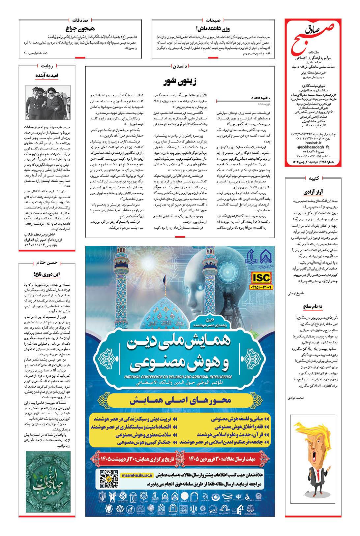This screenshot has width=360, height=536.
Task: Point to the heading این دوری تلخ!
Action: pos(47,273)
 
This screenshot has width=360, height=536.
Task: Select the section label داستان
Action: pos(180,66)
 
